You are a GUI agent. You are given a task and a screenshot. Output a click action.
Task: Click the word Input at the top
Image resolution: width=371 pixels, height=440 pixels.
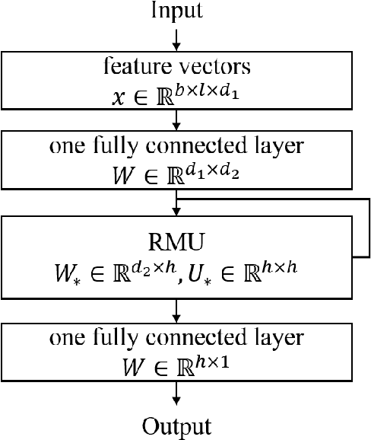click(177, 11)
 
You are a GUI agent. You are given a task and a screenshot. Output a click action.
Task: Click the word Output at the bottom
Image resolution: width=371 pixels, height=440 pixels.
click(176, 425)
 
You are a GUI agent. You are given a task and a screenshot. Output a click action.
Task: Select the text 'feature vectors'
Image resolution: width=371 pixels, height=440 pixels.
click(176, 68)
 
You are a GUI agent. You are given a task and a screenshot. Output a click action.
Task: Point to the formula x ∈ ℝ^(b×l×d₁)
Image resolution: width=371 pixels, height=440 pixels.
click(176, 94)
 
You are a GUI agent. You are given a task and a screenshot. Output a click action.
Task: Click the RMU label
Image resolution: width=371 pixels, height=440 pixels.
click(176, 242)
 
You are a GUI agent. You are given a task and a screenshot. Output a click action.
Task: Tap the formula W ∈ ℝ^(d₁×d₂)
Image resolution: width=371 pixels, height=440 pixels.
click(176, 174)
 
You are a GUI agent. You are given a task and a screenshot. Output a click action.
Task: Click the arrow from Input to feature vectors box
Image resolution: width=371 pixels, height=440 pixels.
click(176, 39)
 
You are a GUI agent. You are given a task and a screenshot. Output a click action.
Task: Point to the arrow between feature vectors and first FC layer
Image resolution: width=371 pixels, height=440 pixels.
click(176, 119)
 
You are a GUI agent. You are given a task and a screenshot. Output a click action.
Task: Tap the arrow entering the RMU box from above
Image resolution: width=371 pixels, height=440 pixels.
click(176, 204)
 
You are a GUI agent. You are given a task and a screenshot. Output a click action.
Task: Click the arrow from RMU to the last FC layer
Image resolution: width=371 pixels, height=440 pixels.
click(176, 310)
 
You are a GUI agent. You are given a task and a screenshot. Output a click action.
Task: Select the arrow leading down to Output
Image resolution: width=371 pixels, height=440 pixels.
click(176, 393)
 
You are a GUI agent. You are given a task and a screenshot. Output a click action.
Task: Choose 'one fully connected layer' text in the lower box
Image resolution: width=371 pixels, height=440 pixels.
click(176, 339)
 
